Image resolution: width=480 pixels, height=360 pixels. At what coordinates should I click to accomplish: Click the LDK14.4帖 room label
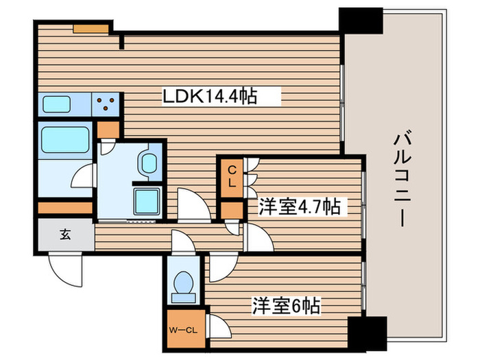(x=209, y=97)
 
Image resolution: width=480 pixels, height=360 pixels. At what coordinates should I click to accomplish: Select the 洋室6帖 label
(x=287, y=306)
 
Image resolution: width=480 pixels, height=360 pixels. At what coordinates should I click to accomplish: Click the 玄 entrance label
(x=64, y=235)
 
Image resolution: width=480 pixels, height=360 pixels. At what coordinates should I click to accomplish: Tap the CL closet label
(x=232, y=177)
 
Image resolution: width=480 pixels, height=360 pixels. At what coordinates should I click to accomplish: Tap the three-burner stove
(x=106, y=104)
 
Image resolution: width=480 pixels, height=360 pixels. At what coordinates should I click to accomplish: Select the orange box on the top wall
(x=91, y=29)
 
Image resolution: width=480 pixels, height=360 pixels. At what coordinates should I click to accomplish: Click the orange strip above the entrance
(x=64, y=207)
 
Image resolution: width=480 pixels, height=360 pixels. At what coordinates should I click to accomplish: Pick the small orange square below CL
(x=232, y=210)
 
